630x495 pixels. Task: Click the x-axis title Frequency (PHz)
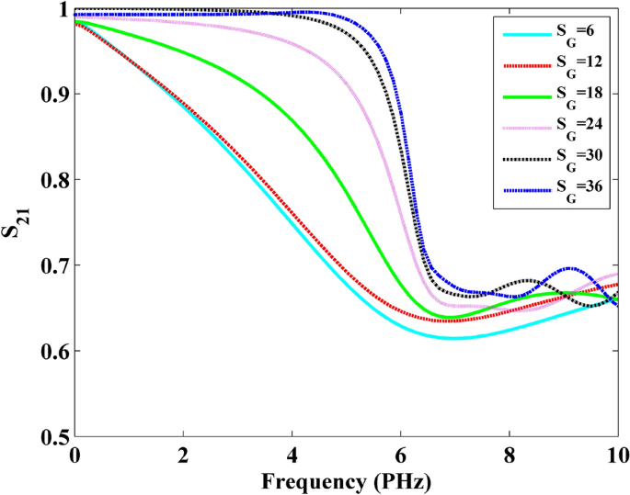pos(347,479)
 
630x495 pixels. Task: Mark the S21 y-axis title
pos(16,223)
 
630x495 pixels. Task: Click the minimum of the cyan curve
pos(452,338)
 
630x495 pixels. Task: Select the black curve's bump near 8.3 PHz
pos(527,280)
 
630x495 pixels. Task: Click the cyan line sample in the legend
pos(527,35)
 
